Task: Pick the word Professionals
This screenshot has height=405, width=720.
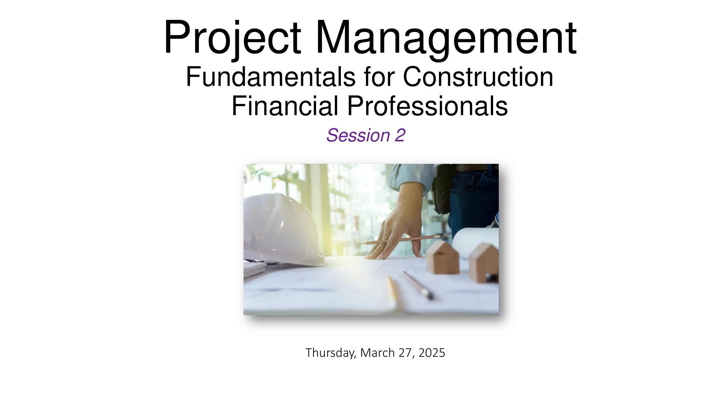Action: point(427,106)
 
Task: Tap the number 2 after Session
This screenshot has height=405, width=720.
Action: point(400,135)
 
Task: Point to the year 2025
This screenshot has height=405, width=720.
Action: point(432,352)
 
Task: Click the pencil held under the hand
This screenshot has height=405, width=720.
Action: point(399,240)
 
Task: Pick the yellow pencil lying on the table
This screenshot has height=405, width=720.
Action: point(393,291)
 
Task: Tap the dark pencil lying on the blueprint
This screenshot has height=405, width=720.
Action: point(418,285)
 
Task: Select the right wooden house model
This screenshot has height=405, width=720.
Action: point(484,262)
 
